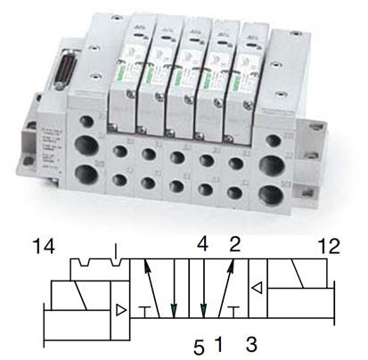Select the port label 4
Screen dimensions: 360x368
click(x=203, y=241)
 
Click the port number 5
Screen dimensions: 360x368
click(x=200, y=340)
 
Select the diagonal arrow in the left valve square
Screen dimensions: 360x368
click(x=155, y=287)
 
